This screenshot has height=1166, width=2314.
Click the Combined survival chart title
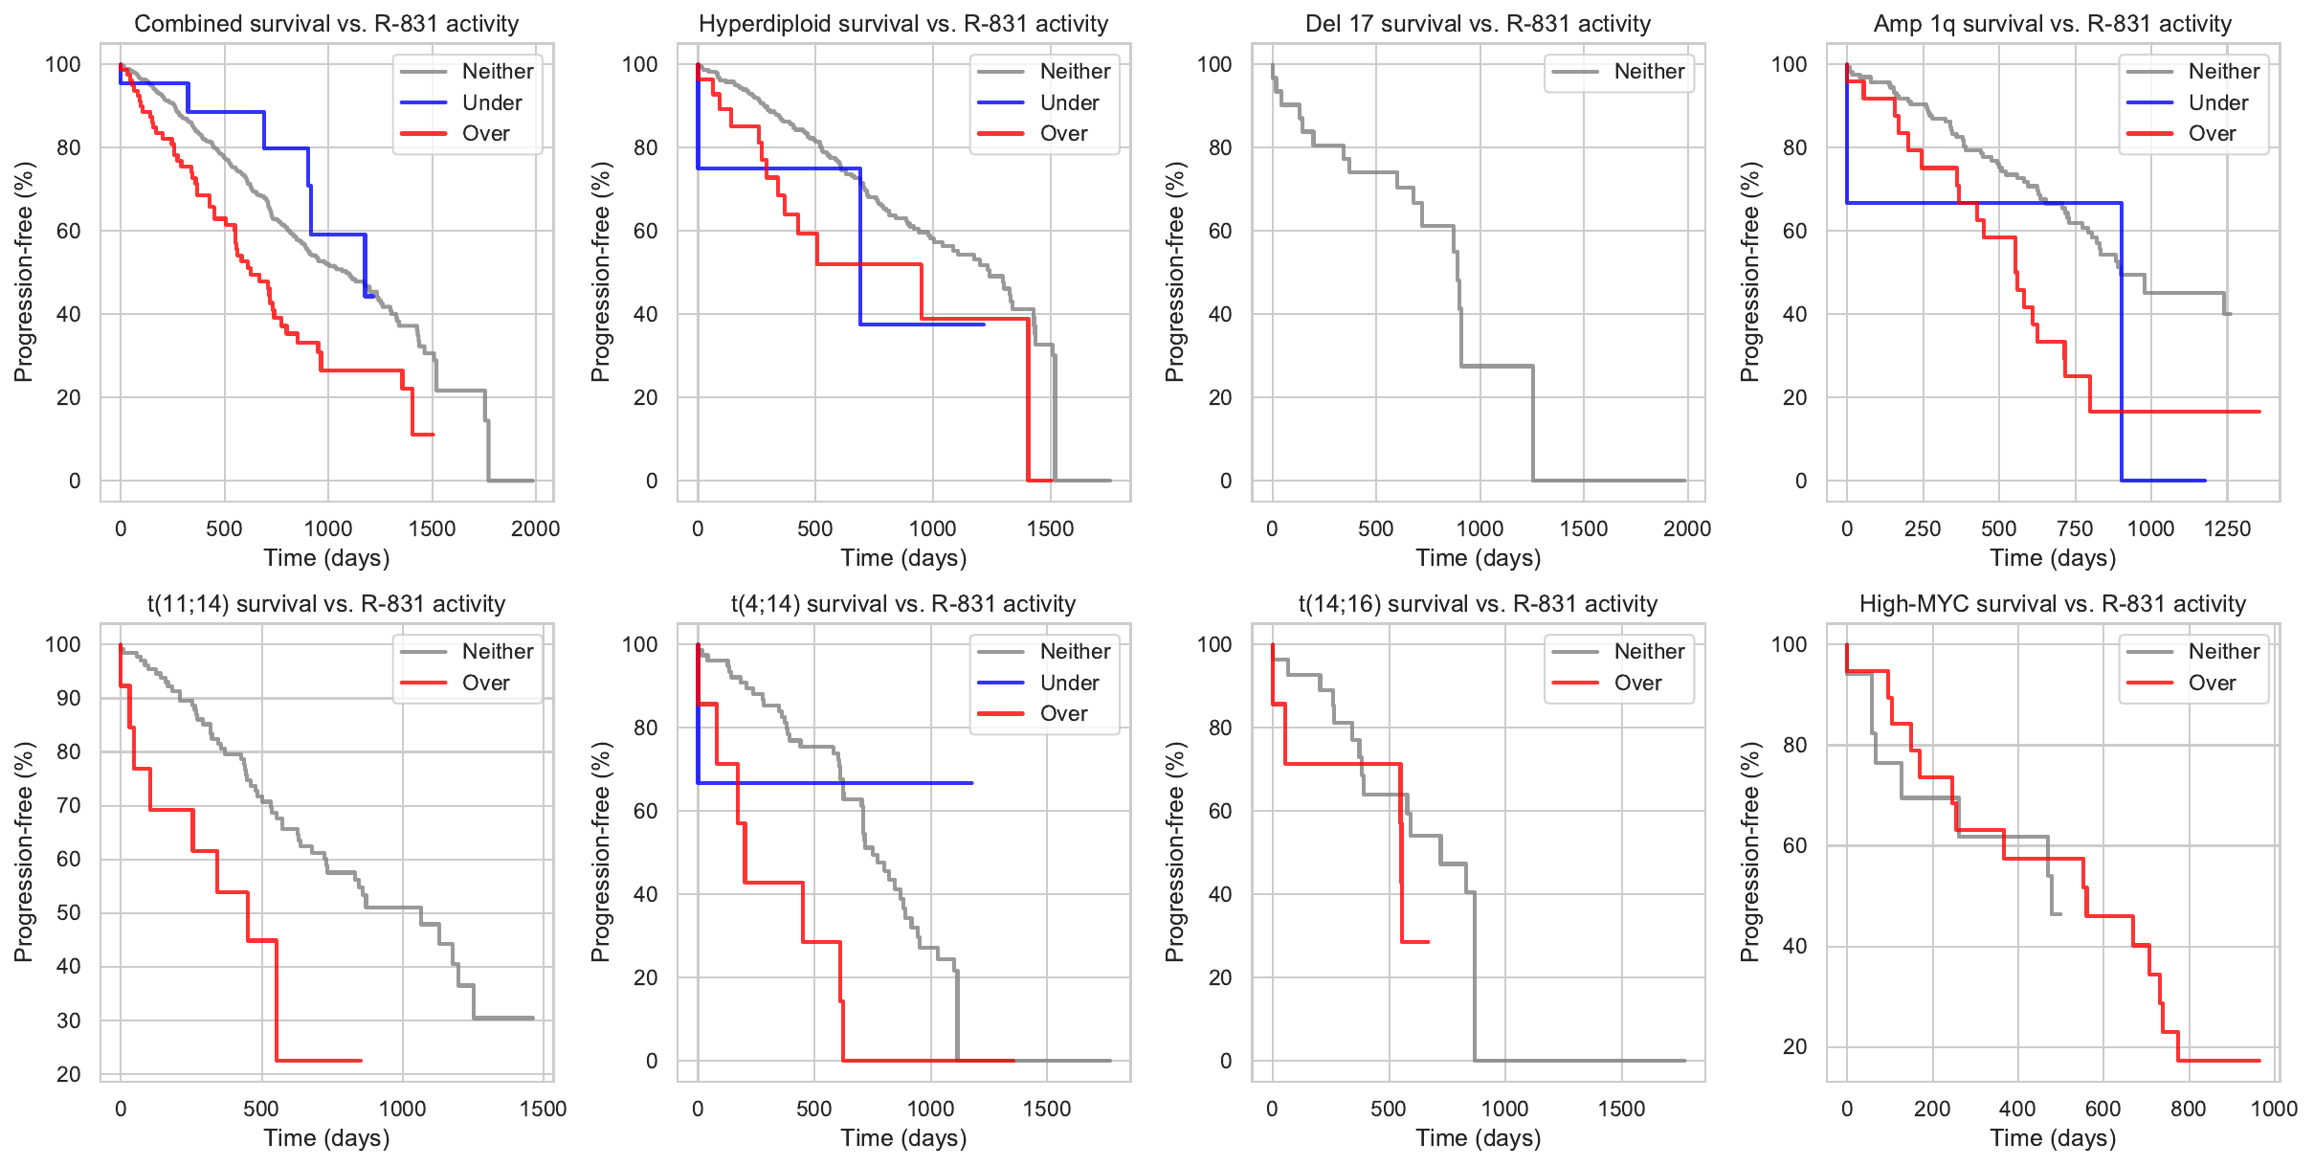click(326, 24)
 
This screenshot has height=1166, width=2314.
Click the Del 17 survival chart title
click(1478, 24)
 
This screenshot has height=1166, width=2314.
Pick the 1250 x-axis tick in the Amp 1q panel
click(2227, 529)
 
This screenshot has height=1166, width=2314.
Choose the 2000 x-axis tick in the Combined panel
click(535, 529)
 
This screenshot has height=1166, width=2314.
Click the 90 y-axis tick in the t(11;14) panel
click(69, 699)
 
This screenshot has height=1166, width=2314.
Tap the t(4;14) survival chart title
click(903, 604)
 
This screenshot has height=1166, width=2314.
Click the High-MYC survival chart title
click(2052, 604)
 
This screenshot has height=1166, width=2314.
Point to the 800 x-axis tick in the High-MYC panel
click(2189, 1110)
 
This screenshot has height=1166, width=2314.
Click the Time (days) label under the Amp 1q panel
click(2053, 558)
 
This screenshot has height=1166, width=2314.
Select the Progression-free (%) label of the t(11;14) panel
click(24, 852)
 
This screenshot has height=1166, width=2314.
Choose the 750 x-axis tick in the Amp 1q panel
click(2075, 529)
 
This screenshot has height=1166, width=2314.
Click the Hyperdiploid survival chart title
click(903, 24)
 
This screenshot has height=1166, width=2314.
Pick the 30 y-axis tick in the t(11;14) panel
click(69, 1020)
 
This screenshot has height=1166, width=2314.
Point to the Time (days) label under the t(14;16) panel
click(1478, 1138)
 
